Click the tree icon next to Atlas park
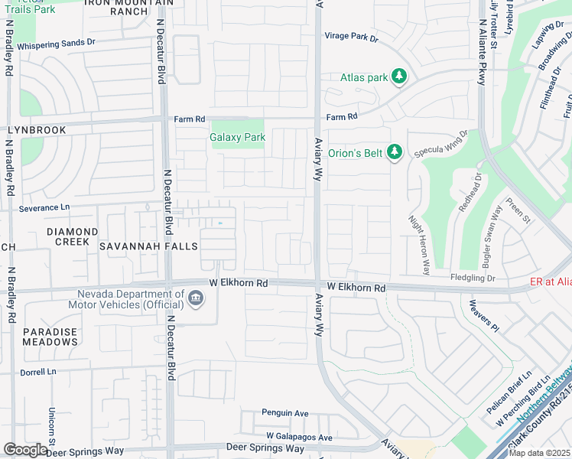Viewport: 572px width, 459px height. [x=398, y=76]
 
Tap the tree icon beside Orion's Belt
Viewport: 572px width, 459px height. [x=395, y=153]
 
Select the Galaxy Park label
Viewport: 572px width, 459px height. [x=237, y=138]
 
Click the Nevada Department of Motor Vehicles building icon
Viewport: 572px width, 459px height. [x=196, y=298]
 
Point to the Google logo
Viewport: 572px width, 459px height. [x=25, y=450]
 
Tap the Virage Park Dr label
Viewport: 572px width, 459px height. [x=351, y=36]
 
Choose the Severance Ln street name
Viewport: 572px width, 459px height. [x=44, y=207]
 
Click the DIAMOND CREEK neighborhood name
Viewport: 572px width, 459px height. [x=72, y=236]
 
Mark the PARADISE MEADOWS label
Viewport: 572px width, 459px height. [x=50, y=337]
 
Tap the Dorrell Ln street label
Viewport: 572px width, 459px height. [x=39, y=371]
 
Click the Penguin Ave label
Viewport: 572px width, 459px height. [x=284, y=413]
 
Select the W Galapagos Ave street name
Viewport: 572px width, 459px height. [x=299, y=438]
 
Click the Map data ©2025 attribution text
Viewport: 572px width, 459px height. [x=539, y=453]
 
